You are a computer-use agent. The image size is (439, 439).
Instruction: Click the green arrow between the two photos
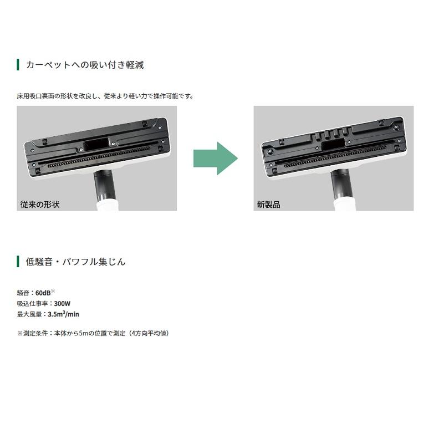pyautogui.click(x=215, y=159)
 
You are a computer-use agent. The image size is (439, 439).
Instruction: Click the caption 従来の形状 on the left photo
pyautogui.click(x=39, y=205)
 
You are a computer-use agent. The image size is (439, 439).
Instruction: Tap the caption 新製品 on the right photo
pyautogui.click(x=268, y=205)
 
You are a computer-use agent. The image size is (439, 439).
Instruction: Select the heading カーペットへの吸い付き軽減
pyautogui.click(x=85, y=65)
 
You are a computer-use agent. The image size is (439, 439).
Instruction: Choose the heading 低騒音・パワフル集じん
pyautogui.click(x=75, y=262)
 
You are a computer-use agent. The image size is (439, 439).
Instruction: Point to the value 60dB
pyautogui.click(x=43, y=293)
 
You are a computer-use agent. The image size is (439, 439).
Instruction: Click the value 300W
pyautogui.click(x=62, y=304)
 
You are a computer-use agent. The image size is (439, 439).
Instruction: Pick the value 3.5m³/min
pyautogui.click(x=63, y=314)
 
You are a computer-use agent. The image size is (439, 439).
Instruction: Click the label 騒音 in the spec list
pyautogui.click(x=23, y=293)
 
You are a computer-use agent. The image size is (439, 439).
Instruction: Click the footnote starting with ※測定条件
pyautogui.click(x=93, y=333)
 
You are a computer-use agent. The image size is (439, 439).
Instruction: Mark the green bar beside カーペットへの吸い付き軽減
pyautogui.click(x=18, y=65)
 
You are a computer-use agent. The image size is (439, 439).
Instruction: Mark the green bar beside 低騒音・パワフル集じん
pyautogui.click(x=18, y=262)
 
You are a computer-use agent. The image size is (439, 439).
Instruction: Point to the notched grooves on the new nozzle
pyautogui.click(x=330, y=134)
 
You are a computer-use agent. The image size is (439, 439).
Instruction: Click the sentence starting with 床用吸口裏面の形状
pyautogui.click(x=105, y=96)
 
